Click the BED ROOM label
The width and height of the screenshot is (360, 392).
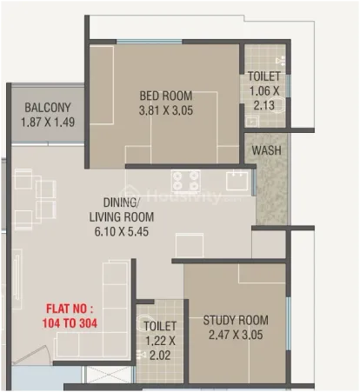(166, 96)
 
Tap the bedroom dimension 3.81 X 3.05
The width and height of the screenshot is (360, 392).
(166, 110)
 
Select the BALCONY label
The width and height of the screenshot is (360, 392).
(48, 108)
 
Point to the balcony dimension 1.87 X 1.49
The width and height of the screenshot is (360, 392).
(48, 122)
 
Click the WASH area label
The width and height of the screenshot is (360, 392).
(266, 150)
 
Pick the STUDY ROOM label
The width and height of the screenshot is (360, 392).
(236, 320)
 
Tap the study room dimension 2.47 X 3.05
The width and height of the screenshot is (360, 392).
(236, 335)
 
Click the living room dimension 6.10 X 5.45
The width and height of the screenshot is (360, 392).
(122, 231)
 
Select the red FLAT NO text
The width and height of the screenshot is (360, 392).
(70, 309)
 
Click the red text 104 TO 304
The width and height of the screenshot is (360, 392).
(70, 323)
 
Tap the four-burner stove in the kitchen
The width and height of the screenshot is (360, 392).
(186, 181)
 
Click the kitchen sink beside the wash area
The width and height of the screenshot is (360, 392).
(237, 181)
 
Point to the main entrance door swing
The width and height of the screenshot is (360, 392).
(32, 355)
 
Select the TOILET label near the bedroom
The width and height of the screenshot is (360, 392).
(264, 76)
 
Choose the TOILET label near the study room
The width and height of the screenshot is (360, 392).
(160, 326)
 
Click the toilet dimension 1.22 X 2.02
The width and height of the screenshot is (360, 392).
(160, 349)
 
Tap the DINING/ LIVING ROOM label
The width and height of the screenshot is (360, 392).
(122, 209)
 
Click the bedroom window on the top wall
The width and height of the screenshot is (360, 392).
(150, 42)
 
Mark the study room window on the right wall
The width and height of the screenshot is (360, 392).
(288, 323)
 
